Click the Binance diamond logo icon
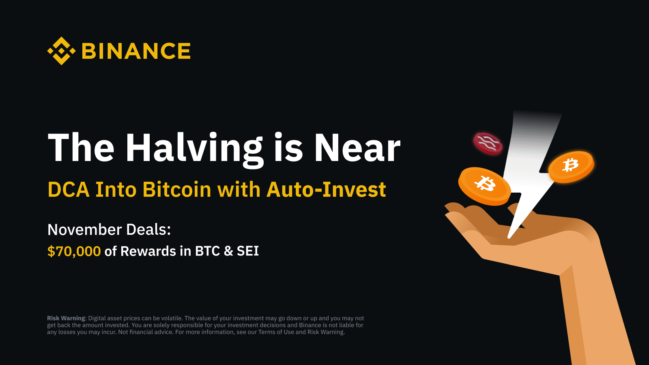[61, 51]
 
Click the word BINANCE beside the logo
[136, 51]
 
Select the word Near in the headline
[357, 147]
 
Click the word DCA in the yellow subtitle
[69, 189]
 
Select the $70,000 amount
[74, 251]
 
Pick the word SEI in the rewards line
[248, 251]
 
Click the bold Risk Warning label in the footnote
[66, 318]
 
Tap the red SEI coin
[488, 144]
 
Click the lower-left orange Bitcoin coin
[484, 186]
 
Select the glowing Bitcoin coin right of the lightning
[571, 167]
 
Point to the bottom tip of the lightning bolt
[509, 238]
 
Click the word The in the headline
[81, 147]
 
